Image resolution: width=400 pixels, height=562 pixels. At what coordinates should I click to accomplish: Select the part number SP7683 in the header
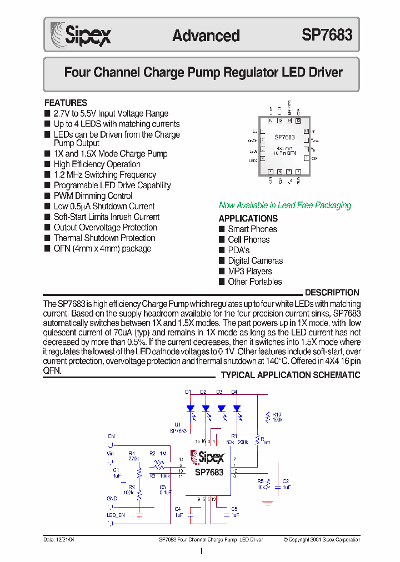(x=327, y=35)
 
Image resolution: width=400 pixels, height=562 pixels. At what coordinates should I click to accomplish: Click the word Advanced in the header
(x=206, y=36)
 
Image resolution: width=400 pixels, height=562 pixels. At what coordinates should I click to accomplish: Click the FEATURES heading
(x=66, y=103)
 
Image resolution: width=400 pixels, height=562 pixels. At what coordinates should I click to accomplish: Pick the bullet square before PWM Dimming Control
(x=47, y=196)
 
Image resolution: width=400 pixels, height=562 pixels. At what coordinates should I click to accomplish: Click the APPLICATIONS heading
(x=248, y=218)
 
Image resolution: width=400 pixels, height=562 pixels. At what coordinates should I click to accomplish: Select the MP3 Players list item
(x=249, y=271)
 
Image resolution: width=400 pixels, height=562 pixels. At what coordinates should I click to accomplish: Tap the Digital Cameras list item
(x=255, y=260)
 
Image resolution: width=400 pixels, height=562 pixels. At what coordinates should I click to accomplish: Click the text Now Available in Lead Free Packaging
(x=285, y=205)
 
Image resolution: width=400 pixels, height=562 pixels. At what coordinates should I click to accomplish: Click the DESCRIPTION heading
(x=332, y=293)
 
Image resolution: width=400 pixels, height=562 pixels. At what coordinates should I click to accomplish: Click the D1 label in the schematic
(x=188, y=392)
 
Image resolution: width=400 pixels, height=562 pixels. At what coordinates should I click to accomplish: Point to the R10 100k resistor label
(x=277, y=417)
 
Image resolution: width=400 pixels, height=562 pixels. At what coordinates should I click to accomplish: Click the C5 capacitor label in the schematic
(x=234, y=509)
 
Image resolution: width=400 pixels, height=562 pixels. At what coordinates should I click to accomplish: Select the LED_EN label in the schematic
(x=116, y=515)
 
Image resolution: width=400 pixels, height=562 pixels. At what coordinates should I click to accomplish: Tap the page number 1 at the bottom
(x=201, y=551)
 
